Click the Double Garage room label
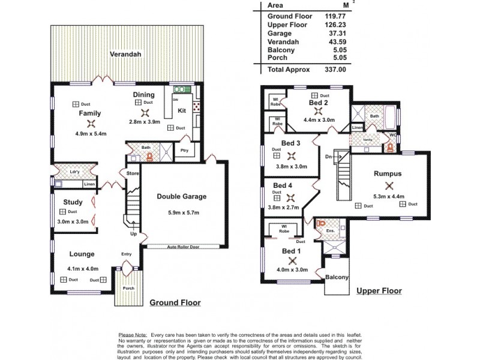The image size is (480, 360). tap(181, 196)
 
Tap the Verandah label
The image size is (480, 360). tap(125, 55)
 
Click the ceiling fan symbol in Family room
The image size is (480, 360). tap(91, 124)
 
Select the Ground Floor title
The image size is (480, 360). tap(175, 302)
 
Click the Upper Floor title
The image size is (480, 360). tap(379, 291)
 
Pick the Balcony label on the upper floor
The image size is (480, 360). tap(338, 277)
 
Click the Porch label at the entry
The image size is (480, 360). tap(128, 288)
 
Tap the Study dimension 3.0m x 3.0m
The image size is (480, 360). tap(73, 221)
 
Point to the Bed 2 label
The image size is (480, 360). tap(319, 103)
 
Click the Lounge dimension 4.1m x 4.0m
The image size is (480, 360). tap(83, 268)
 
